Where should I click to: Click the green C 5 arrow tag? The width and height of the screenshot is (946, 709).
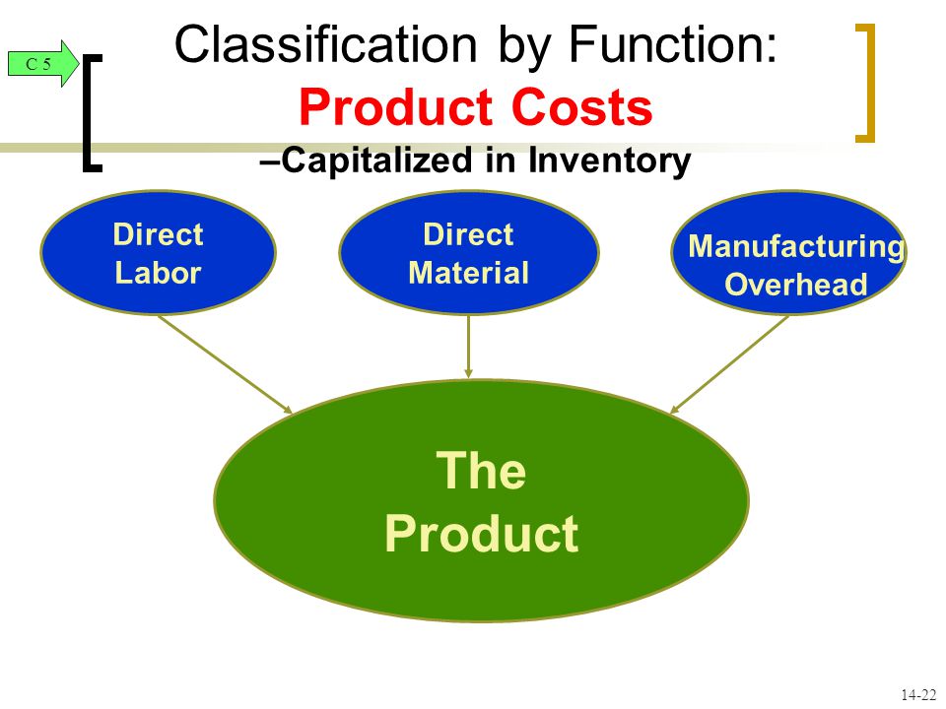coord(43,63)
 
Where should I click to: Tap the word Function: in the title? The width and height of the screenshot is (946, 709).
coord(673,43)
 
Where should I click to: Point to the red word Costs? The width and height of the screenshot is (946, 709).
coord(582,106)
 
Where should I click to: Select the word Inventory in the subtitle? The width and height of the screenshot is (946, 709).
coord(609,161)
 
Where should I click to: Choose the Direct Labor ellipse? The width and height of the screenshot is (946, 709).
coord(158,253)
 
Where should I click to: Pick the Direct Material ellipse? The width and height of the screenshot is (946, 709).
coord(469,253)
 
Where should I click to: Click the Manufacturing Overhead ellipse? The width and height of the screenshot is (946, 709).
coord(788,253)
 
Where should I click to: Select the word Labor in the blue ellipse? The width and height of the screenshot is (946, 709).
coord(158,273)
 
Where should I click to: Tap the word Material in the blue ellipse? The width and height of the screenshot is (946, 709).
coord(469,273)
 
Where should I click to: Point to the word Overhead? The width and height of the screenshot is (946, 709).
coord(796,284)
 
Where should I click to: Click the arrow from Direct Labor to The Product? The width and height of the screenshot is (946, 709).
coord(225,364)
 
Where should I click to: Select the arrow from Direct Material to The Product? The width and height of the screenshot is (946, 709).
coord(469,347)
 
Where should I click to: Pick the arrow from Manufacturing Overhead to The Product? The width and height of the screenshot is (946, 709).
coord(729,364)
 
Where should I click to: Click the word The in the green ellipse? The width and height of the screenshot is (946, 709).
coord(481,471)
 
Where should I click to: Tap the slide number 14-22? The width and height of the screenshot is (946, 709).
coord(918,694)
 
